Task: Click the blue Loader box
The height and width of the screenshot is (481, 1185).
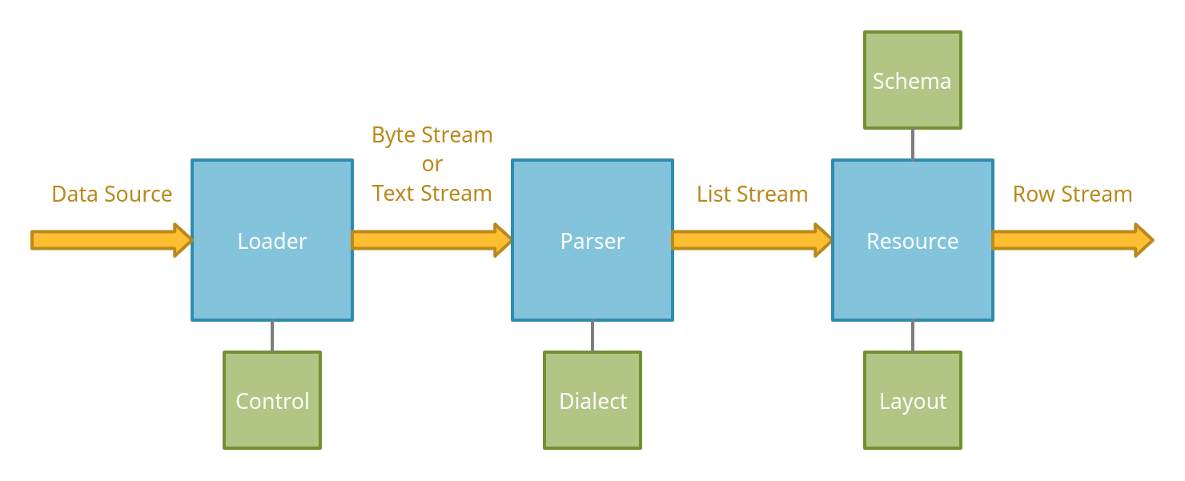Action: point(272,240)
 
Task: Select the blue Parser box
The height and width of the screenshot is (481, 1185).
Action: point(592,240)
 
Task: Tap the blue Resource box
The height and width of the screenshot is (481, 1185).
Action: point(913,240)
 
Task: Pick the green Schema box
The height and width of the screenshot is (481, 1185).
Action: point(913,80)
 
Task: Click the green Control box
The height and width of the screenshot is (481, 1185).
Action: point(272,400)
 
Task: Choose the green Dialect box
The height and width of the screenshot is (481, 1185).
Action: point(592,400)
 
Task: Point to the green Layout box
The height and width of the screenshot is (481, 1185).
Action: point(913,400)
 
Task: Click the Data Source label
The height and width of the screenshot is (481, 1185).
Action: point(112,194)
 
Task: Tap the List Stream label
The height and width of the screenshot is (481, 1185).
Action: point(753,194)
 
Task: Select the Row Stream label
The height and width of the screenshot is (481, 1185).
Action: point(1073,194)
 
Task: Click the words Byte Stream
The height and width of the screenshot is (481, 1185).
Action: point(432,135)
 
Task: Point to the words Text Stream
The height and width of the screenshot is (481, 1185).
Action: point(432,194)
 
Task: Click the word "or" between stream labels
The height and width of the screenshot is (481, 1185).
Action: point(432,164)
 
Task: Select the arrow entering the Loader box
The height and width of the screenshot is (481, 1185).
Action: point(111,240)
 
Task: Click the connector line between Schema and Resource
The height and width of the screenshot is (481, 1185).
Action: point(913,144)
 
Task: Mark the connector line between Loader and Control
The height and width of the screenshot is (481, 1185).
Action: point(272,336)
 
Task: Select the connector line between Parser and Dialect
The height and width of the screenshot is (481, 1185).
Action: point(592,336)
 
